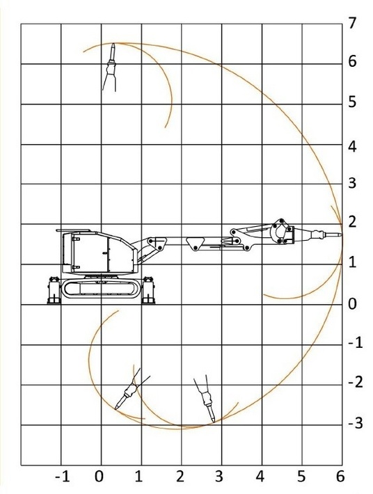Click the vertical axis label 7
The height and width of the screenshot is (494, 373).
coord(352,23)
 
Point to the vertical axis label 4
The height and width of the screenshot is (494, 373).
coord(352,147)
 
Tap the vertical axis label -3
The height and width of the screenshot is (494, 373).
coord(356,423)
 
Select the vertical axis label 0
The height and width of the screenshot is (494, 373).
coord(353,304)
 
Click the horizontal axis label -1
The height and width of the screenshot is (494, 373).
coord(62,477)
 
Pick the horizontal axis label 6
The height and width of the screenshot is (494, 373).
coord(340,477)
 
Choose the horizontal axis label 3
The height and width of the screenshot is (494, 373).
coord(219,477)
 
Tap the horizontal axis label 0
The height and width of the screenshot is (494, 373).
coord(99,477)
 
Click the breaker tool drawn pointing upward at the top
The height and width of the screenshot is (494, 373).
coord(110,67)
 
